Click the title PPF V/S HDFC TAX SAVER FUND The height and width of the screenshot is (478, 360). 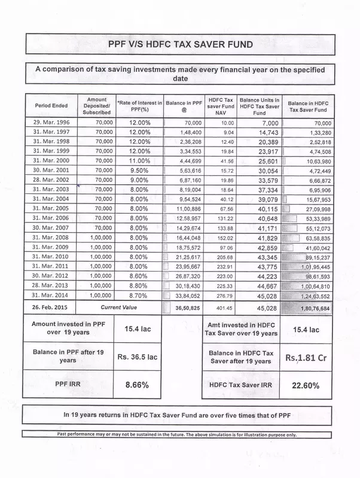(180, 44)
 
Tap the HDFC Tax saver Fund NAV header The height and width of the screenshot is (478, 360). (220, 105)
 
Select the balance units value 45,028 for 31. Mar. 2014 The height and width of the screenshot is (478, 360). (258, 295)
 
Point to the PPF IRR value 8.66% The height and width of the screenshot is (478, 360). (137, 385)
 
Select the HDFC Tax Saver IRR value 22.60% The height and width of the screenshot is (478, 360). (306, 385)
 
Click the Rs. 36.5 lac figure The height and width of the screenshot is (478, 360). (137, 357)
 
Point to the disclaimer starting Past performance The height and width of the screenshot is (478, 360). (177, 434)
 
